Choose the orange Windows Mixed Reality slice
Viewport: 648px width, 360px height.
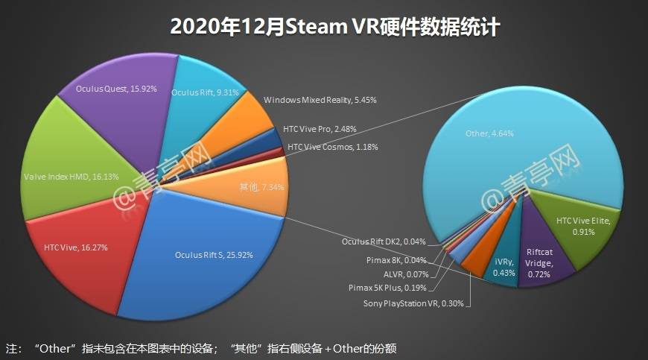tap(246, 119)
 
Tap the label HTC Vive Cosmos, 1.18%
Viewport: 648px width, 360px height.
tap(332, 147)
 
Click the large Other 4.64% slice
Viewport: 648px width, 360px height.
tap(506, 142)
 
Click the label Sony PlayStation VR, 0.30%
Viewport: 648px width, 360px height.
tap(417, 303)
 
